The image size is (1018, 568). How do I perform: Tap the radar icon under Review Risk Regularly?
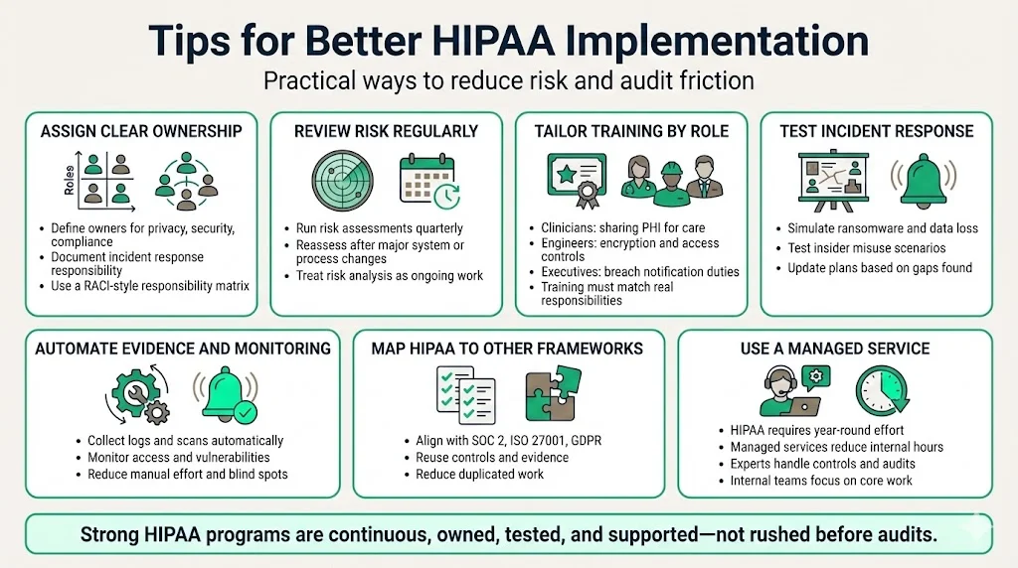pos(343,181)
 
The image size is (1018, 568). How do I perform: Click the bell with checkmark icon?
pos(228,394)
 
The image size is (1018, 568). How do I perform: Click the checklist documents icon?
pos(466,393)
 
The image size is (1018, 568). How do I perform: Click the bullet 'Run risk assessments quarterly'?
pos(380,228)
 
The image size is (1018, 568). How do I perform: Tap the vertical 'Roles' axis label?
pos(69,179)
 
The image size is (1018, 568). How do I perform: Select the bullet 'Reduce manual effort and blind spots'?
pos(187,474)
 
